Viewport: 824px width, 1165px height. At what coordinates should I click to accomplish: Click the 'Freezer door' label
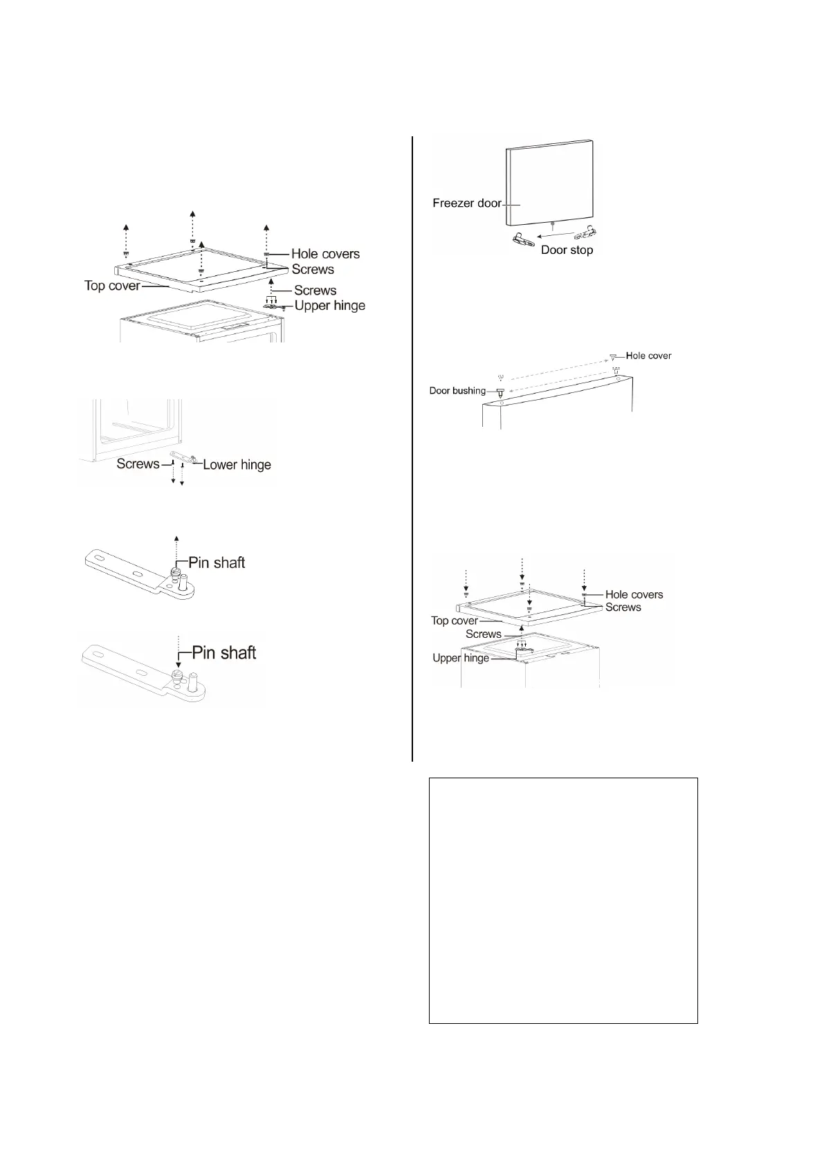(466, 203)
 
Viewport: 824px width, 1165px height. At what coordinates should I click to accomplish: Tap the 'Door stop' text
(567, 250)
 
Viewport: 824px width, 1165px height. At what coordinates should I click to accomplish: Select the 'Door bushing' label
(457, 391)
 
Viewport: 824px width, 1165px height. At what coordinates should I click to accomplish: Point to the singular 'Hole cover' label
(648, 356)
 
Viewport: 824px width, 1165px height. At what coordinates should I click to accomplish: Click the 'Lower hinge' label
(237, 464)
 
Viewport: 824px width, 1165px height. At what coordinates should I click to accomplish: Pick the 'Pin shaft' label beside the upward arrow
(217, 562)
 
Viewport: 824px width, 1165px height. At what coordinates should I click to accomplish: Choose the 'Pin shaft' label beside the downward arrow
(223, 652)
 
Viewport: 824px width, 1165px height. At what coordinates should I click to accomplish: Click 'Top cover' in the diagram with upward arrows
(112, 286)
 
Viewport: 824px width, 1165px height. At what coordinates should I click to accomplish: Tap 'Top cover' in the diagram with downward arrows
(455, 621)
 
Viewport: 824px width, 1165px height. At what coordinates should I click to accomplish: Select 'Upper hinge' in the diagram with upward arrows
(330, 305)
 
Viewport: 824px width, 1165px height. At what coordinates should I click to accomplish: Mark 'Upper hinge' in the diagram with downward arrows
(461, 658)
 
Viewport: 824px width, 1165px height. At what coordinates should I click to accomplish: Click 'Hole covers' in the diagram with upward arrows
(325, 254)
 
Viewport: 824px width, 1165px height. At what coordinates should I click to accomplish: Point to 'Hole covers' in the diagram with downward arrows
(634, 594)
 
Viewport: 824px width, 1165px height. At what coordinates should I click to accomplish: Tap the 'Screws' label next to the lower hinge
(138, 464)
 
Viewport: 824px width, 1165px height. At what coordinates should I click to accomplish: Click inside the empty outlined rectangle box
(563, 899)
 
